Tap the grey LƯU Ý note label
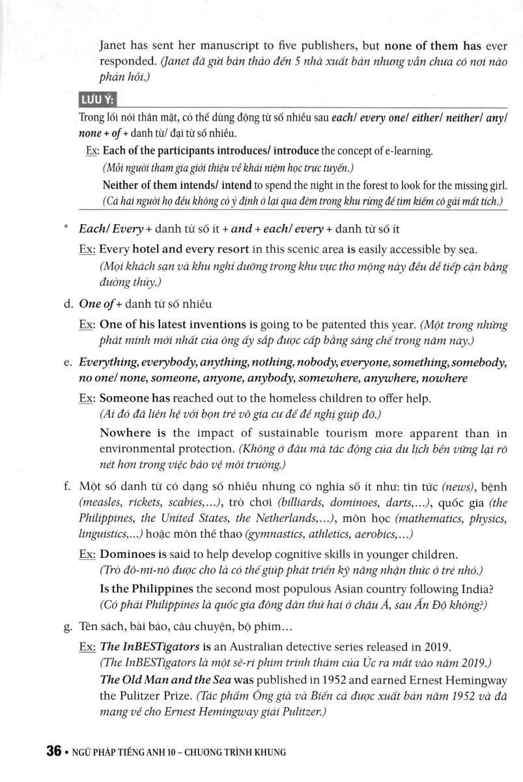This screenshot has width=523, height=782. click(96, 99)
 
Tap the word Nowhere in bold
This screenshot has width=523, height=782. click(125, 433)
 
